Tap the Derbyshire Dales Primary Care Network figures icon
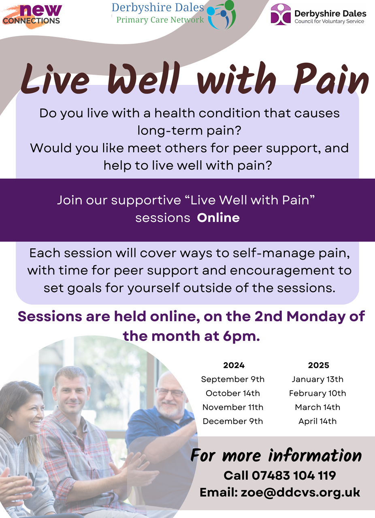tap(221, 14)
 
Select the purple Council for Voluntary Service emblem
tap(281, 14)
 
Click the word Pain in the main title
tap(330, 78)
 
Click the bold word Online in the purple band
tap(218, 218)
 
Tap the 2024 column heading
tap(234, 365)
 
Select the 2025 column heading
tap(319, 365)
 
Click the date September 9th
tap(232, 379)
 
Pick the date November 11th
tap(233, 407)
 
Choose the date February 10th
tap(317, 393)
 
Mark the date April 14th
tap(317, 421)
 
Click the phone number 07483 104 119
tap(294, 476)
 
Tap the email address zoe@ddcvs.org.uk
tap(300, 493)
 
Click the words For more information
tap(276, 456)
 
